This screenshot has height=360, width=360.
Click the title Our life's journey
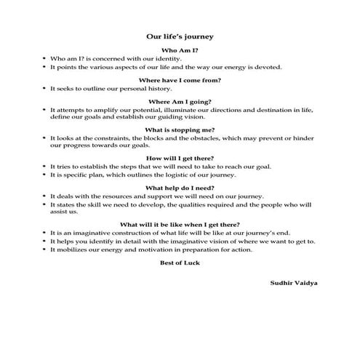point(180,34)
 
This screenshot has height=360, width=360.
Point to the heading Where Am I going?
point(180,101)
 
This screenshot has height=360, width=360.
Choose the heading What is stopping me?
point(180,129)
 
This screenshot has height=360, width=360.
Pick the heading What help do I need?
point(180,188)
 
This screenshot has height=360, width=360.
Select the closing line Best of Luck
point(180,263)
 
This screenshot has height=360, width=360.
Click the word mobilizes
point(73,249)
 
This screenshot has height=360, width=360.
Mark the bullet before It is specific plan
point(45,175)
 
